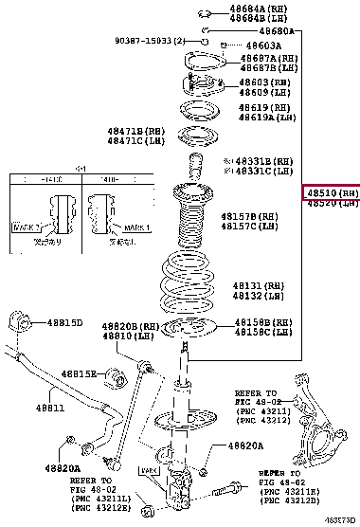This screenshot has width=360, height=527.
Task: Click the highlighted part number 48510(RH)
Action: click(332, 191)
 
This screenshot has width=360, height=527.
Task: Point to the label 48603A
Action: click(250, 45)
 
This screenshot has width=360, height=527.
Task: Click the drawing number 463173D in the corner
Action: click(340, 520)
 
